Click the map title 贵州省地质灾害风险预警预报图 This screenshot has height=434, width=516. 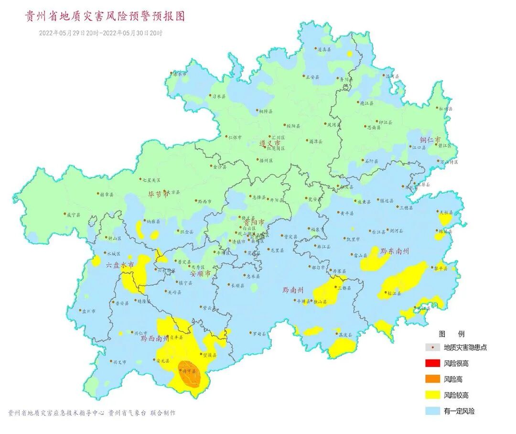click(105, 17)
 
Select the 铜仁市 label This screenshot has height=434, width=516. click(430, 140)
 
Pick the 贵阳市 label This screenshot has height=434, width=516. click(254, 223)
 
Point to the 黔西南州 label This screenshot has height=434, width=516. click(154, 338)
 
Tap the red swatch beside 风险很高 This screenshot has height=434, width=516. click(432, 364)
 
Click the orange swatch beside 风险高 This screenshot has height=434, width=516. click(432, 380)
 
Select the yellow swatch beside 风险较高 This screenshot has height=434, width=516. click(432, 395)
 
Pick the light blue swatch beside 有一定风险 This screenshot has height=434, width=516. click(432, 411)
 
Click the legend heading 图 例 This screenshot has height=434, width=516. click(451, 334)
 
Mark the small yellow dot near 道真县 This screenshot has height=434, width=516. click(350, 54)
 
